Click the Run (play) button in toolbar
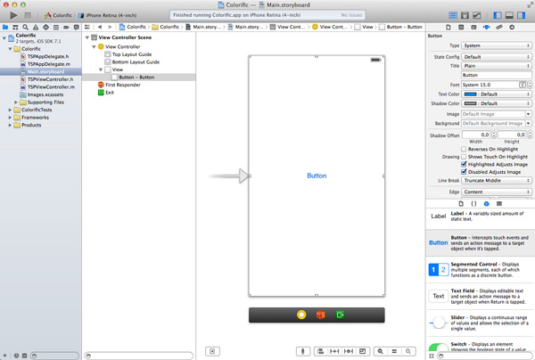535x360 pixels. coord(13,15)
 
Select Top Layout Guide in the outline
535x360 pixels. coord(131,54)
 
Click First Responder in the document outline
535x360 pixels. coord(124,85)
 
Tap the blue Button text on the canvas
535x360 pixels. coord(317,176)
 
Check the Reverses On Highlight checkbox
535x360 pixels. coord(464,149)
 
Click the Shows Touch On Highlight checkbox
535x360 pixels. coord(464,156)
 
